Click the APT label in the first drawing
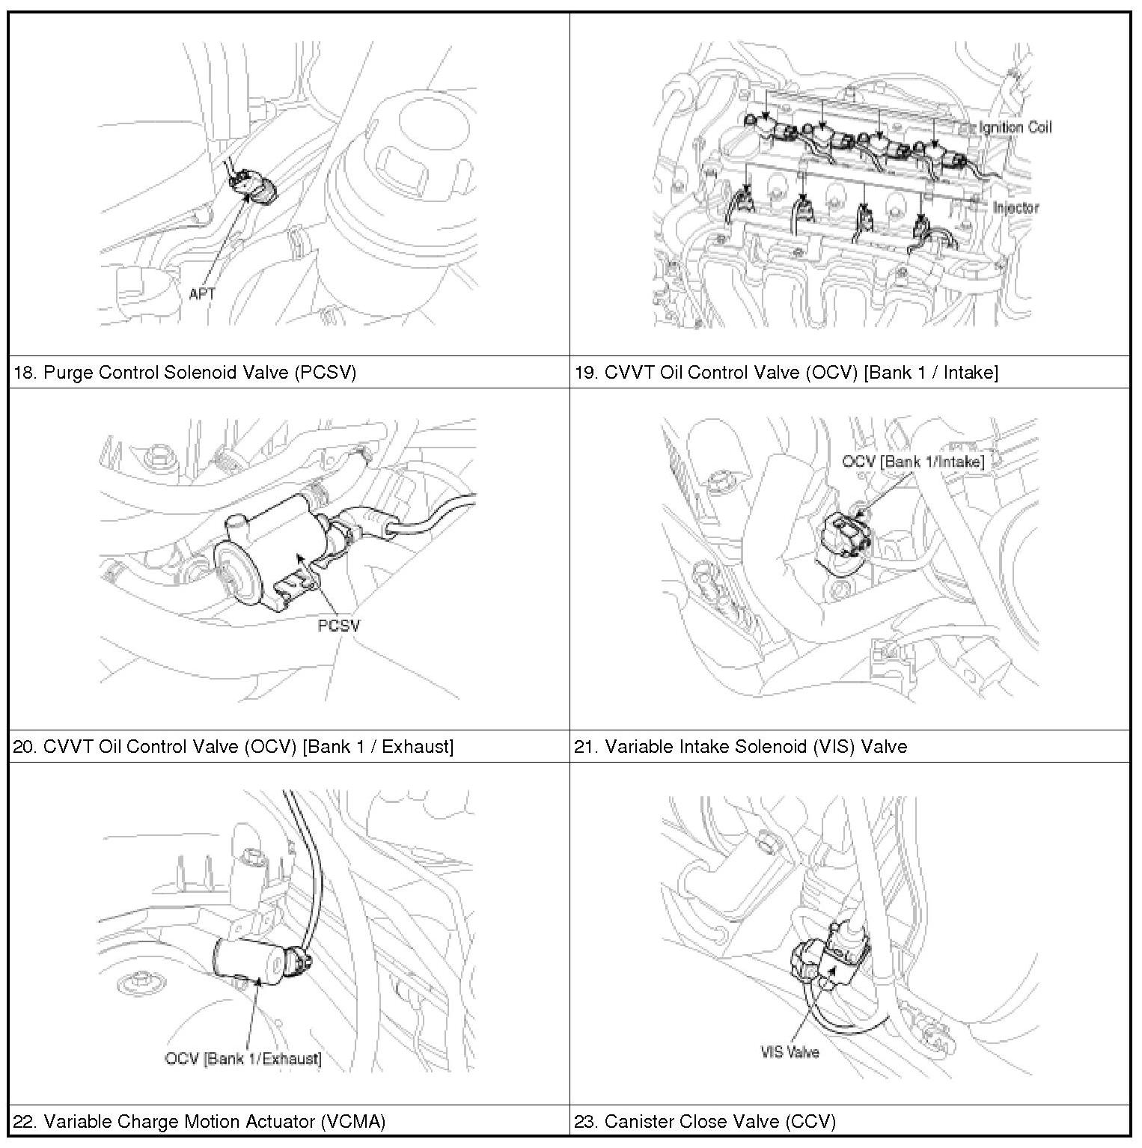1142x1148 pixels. [201, 294]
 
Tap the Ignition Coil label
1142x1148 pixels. [1014, 127]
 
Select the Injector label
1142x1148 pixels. [1016, 207]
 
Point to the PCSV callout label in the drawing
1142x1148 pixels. [338, 626]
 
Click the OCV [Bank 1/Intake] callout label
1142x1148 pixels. [912, 462]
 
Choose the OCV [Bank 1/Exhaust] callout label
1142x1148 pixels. [243, 1058]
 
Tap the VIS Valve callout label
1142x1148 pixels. [790, 1051]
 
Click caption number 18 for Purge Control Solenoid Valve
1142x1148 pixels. [24, 373]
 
